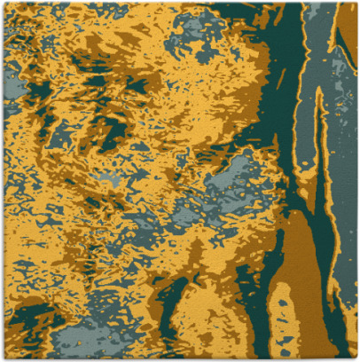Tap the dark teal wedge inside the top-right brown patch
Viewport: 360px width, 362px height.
tap(341, 35)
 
